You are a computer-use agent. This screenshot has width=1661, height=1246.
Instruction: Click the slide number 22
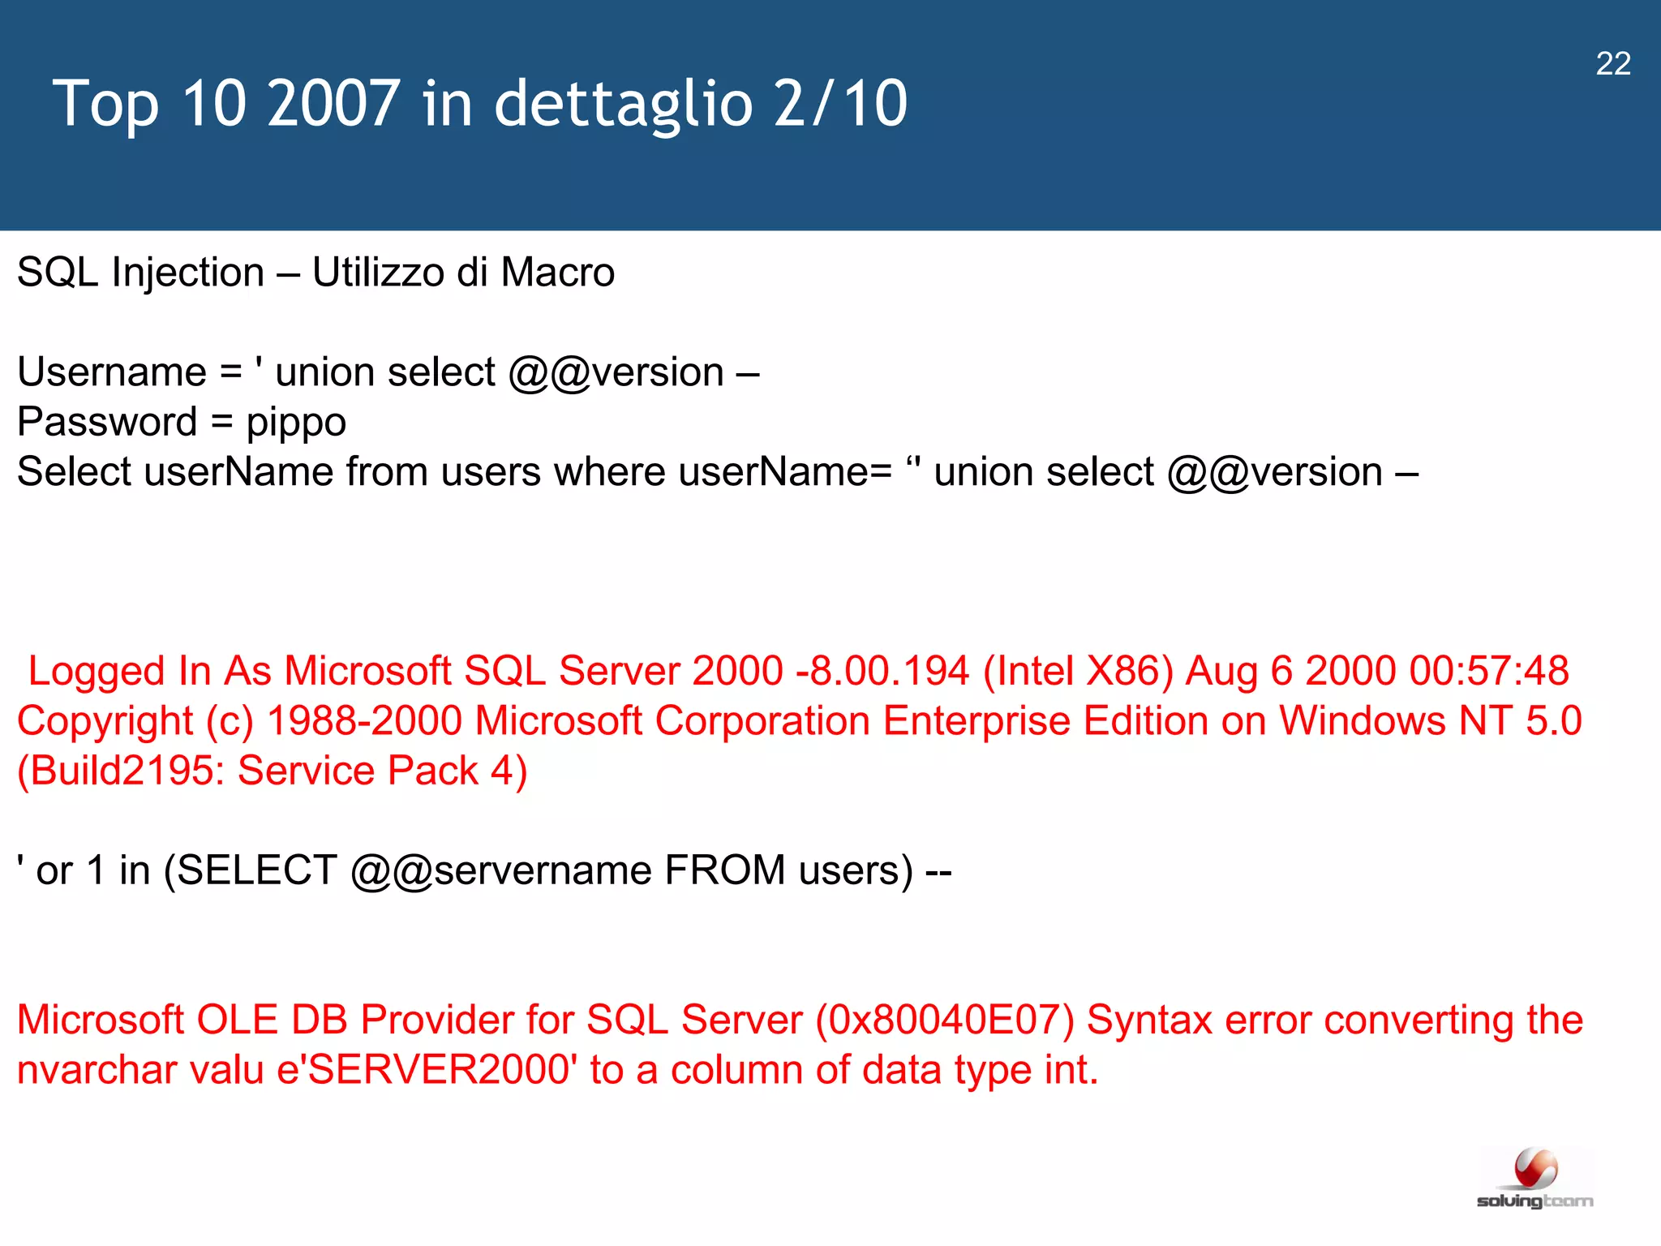1612,64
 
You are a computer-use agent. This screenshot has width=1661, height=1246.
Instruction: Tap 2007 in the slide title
333,104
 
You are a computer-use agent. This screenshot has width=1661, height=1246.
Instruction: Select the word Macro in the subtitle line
557,273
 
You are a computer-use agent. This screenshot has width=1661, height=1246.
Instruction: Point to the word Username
112,372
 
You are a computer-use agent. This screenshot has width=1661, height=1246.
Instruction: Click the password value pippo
296,423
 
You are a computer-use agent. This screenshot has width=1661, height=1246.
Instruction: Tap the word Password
107,423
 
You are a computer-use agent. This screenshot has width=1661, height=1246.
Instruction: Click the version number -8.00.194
882,672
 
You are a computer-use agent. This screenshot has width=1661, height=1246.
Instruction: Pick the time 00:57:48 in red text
1489,672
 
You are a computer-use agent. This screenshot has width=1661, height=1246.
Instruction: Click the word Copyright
105,721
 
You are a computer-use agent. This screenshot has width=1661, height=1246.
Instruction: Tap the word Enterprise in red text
976,721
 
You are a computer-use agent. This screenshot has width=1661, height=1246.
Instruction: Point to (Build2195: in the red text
121,771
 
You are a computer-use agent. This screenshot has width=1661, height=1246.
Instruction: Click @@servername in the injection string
500,870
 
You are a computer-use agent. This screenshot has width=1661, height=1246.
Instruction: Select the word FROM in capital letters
724,870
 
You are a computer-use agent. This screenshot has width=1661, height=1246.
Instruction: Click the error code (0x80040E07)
944,1020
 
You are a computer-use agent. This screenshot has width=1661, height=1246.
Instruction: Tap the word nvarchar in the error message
97,1070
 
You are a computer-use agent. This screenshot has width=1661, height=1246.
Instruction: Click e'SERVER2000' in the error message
427,1070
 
